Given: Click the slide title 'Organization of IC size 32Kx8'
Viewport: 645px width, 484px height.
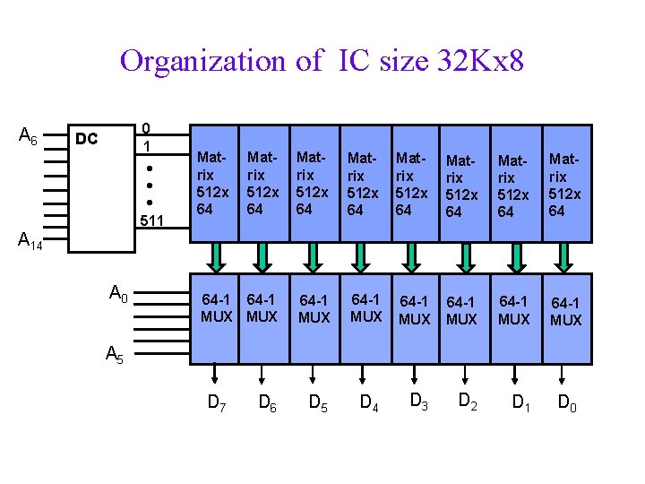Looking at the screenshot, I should (x=322, y=61).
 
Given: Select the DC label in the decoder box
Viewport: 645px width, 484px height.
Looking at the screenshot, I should (x=86, y=140).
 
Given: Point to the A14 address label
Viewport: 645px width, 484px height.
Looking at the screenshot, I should (x=30, y=240).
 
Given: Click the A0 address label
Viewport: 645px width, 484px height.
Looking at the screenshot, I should (x=118, y=292).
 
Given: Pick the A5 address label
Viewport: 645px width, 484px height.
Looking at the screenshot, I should (x=115, y=355).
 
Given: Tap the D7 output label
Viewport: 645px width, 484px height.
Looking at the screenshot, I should (x=217, y=403).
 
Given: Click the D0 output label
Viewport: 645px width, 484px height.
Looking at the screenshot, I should (x=567, y=403).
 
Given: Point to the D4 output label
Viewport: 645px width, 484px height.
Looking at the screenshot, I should (x=368, y=403).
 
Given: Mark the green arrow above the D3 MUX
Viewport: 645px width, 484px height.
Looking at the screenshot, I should (x=414, y=258).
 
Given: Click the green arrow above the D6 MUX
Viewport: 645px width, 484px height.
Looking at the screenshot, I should (x=262, y=258).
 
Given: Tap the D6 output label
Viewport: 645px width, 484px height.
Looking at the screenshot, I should (x=267, y=403).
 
